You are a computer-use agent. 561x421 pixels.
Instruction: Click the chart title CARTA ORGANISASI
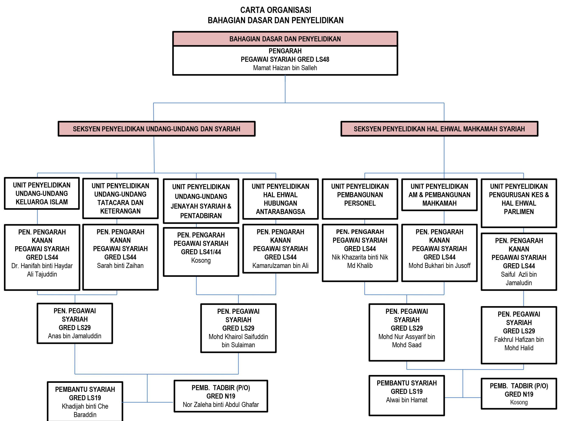276,10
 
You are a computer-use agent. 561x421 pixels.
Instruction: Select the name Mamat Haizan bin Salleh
285,68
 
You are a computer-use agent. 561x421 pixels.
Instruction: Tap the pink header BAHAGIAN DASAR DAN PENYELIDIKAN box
285,39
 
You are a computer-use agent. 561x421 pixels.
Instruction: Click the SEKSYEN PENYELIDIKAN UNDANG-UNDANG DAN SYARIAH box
156,129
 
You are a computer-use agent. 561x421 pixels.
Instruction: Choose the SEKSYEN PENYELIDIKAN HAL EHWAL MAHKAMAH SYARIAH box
439,129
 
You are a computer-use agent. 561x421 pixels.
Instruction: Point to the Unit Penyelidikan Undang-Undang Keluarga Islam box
42,193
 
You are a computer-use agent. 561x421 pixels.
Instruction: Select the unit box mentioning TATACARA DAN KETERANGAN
121,198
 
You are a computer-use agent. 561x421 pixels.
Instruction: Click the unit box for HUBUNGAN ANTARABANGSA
280,199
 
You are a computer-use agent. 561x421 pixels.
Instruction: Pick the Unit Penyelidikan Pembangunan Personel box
360,199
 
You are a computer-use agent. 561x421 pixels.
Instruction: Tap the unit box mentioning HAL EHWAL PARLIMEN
519,203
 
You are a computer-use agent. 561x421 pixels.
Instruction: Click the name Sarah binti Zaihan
120,266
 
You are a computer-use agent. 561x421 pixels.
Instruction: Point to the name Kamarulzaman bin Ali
280,266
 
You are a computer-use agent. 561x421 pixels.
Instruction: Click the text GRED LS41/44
201,252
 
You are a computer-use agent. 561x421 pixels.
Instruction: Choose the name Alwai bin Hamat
407,400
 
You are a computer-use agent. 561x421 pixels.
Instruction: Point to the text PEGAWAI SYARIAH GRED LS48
285,59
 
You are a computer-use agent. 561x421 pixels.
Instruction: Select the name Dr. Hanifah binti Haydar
42,266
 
